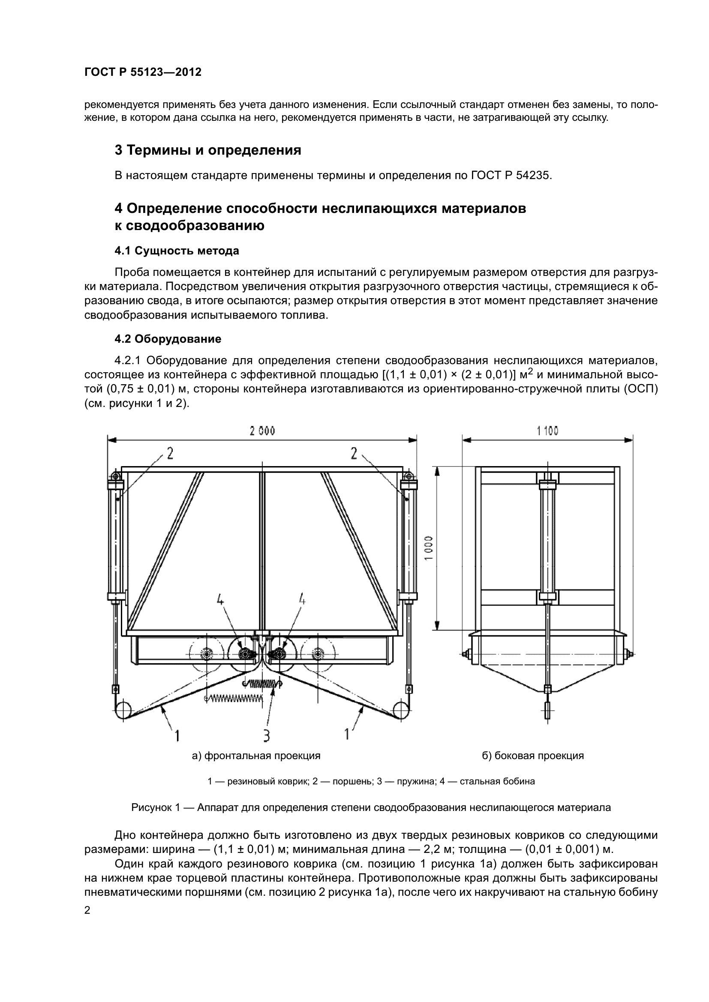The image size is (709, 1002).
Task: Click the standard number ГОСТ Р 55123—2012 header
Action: coord(143,72)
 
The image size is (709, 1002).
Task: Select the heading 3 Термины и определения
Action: coord(208,150)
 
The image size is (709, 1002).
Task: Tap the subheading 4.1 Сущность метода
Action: coord(176,251)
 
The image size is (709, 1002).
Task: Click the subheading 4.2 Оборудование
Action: coord(168,339)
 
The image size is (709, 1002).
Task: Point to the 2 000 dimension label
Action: coord(262,431)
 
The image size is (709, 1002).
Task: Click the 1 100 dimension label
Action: coord(547,431)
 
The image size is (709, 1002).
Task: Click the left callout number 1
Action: coord(177,736)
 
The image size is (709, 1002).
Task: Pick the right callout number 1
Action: coord(347,734)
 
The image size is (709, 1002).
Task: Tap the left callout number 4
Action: coord(220,601)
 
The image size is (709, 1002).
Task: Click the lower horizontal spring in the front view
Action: coord(234,699)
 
